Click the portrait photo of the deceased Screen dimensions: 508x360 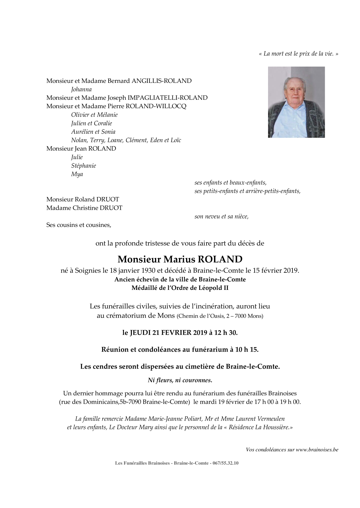296,102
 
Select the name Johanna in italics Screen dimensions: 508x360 81,89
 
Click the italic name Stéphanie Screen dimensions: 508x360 84,165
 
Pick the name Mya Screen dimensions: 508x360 77,174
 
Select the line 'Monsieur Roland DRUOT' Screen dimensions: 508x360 83,199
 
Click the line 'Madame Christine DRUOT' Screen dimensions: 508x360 84,208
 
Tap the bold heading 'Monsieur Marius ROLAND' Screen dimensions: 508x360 180,259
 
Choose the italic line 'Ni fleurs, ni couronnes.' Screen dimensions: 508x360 180,380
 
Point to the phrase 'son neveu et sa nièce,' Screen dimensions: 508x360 221,216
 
